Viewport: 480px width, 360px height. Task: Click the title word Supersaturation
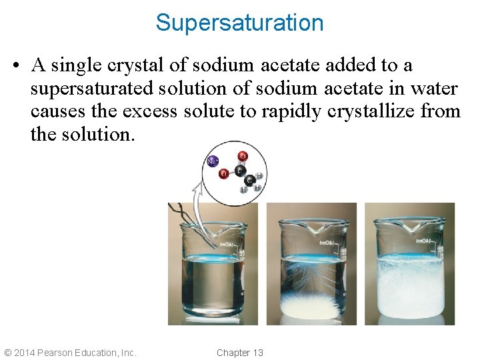click(x=239, y=23)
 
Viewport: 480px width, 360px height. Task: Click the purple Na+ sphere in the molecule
click(x=213, y=161)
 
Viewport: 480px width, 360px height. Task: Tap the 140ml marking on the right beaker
click(x=425, y=241)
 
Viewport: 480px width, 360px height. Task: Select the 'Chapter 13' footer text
click(x=239, y=352)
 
